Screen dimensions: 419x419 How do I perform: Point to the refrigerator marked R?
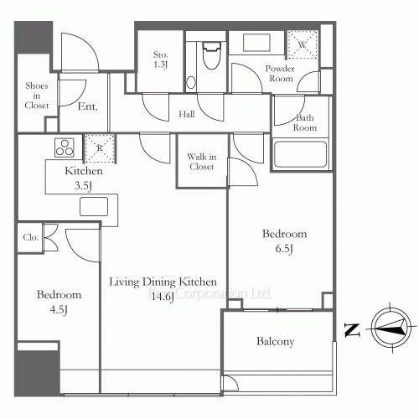[101, 147]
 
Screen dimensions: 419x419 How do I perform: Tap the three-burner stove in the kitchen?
[64, 148]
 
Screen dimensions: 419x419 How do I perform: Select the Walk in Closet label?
[201, 161]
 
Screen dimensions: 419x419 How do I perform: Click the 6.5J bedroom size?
[284, 249]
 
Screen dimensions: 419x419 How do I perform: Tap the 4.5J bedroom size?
[58, 310]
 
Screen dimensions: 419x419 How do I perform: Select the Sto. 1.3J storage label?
[161, 59]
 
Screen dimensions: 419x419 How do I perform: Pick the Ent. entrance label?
[86, 106]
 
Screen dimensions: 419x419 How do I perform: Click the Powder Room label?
[280, 73]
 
